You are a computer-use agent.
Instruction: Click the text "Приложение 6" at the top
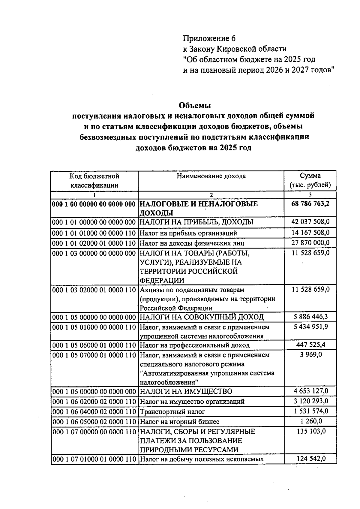[x=209, y=38]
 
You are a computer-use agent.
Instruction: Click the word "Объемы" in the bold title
[x=195, y=106]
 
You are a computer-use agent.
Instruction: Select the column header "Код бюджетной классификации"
[x=94, y=180]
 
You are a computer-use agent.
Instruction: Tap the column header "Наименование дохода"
[x=211, y=176]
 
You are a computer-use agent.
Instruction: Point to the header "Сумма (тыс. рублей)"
[x=310, y=180]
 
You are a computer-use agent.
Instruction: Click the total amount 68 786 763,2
[x=310, y=204]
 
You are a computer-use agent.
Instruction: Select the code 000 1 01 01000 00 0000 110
[x=94, y=233]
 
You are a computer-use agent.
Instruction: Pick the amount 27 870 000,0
[x=310, y=242]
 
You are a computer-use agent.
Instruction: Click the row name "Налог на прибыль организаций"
[x=188, y=233]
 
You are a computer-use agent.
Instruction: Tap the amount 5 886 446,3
[x=310, y=317]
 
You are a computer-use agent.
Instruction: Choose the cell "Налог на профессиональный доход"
[x=195, y=345]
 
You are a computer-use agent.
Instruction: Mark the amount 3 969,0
[x=310, y=355]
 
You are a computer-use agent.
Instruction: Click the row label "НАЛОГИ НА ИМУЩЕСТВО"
[x=186, y=391]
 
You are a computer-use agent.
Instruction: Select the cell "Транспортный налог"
[x=172, y=412]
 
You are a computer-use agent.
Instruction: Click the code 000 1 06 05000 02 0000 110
[x=94, y=422]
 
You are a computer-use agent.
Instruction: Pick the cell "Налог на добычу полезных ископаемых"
[x=202, y=459]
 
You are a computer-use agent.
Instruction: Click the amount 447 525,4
[x=310, y=345]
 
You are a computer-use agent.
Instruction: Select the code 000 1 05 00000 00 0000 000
[x=94, y=317]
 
